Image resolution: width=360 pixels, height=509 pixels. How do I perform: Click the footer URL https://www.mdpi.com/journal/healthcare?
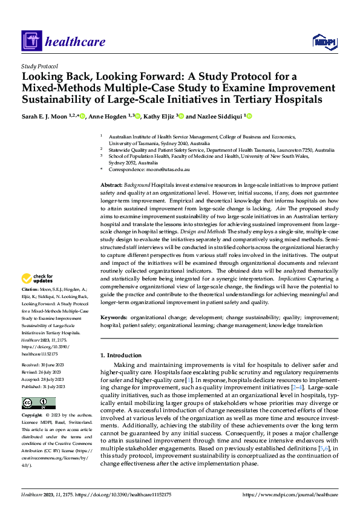click(x=290, y=494)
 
